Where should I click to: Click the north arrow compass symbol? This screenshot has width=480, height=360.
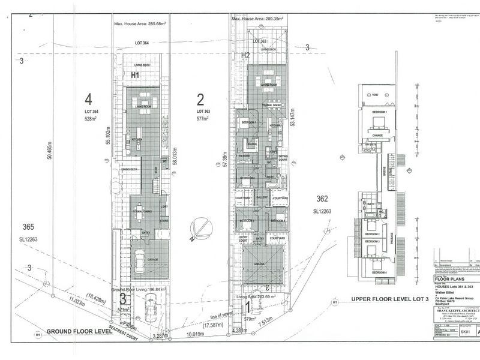(x=198, y=231)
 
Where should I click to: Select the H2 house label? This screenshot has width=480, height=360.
(x=245, y=55)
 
